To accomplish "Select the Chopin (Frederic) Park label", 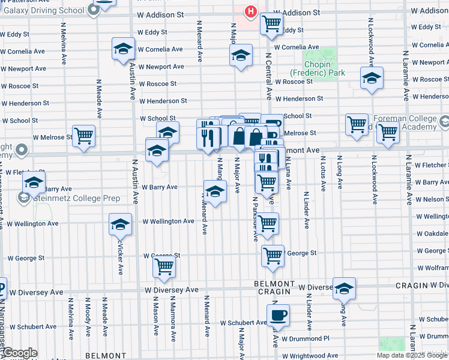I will tap(324, 68).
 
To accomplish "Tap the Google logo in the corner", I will tap(19, 353).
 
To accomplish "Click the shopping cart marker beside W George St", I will tap(273, 255).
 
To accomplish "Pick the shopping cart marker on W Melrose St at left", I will tap(83, 136).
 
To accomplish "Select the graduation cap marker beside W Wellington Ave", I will tap(120, 224).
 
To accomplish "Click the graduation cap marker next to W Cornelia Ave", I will tap(123, 49).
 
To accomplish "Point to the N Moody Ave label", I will tap(88, 313).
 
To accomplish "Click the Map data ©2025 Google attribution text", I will tap(412, 355).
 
